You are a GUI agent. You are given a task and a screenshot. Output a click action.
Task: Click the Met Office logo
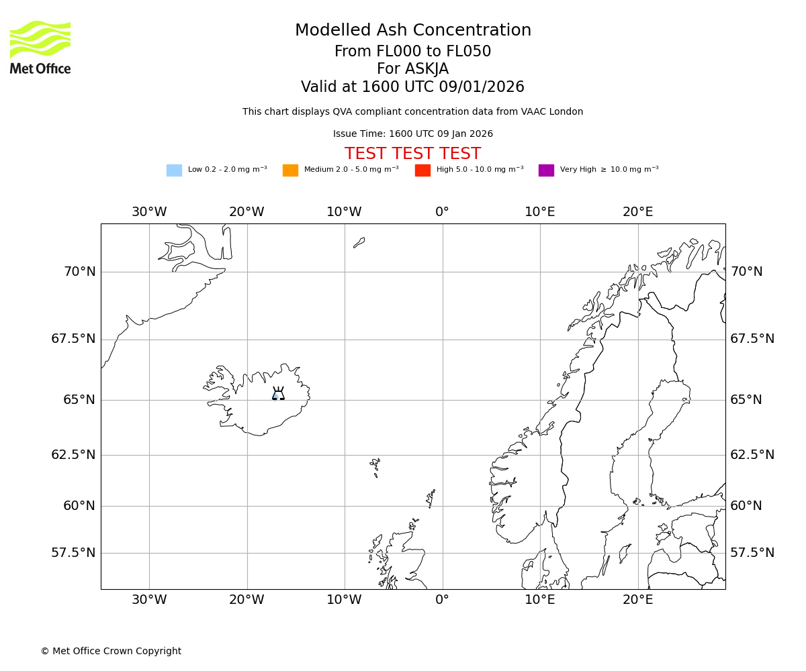coord(40,47)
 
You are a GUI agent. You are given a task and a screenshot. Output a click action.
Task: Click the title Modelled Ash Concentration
coord(412,31)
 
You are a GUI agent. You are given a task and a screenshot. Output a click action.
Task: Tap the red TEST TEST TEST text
coord(412,154)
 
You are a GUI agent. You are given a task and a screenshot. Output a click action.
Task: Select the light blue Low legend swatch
coord(174,170)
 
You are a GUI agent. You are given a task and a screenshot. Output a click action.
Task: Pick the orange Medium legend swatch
coord(290,170)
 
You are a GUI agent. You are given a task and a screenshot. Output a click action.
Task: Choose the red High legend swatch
coord(422,170)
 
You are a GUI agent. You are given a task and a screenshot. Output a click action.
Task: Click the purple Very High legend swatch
coord(546,170)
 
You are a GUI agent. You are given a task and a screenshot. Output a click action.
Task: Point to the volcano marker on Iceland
coord(278,395)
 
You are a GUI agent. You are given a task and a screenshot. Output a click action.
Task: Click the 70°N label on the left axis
coord(79,272)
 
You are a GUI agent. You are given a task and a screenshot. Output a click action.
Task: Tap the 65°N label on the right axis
coord(746,400)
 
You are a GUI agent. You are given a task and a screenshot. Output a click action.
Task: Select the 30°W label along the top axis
coord(149,212)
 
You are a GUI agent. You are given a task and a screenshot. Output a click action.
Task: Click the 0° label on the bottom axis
coord(442,600)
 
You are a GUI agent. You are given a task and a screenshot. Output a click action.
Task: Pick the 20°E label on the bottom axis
coord(637,600)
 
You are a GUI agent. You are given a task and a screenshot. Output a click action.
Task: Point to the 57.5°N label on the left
coord(73,553)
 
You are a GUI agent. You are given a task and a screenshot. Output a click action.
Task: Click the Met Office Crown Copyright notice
coord(111,651)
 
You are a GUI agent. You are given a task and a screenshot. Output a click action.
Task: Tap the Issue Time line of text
coord(412,134)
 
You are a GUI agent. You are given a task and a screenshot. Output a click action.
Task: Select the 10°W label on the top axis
coord(344,212)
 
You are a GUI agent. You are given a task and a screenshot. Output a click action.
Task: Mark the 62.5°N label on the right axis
coord(752,455)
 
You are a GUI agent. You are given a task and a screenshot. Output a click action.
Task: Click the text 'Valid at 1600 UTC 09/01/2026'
coord(412,87)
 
